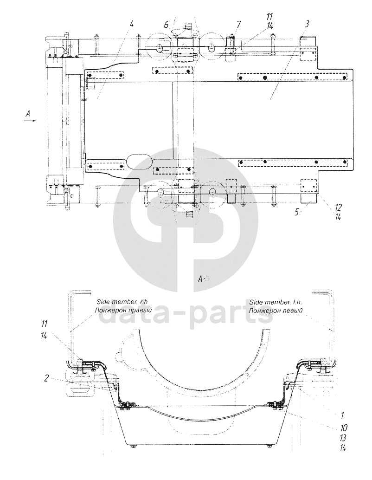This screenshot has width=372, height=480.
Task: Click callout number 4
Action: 132,24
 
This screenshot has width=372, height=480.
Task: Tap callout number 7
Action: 238,24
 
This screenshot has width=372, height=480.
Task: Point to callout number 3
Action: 308,24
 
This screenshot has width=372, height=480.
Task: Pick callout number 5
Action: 297,212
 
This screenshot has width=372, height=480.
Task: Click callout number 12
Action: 338,207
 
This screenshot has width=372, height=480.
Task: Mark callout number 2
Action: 46,378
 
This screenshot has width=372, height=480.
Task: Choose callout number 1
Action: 342,415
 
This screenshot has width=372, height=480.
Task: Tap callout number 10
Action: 343,428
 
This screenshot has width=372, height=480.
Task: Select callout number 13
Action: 343,437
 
